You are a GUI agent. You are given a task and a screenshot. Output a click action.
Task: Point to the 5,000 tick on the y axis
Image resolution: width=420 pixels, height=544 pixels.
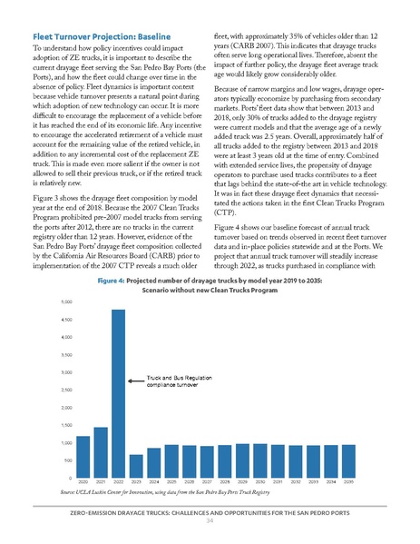(65, 301)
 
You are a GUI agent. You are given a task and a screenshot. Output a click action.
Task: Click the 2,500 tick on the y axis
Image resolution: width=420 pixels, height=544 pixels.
(65, 390)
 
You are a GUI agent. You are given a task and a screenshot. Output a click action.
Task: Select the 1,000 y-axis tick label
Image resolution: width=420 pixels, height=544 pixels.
(65, 442)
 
